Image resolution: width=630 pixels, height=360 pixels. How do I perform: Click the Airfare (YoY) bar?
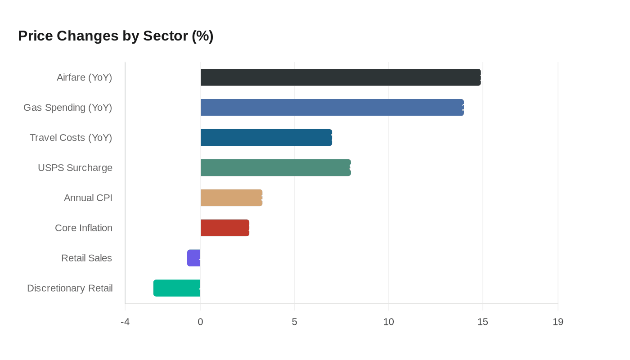pos(341,77)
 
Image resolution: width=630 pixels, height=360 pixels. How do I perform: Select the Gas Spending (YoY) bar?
pos(332,108)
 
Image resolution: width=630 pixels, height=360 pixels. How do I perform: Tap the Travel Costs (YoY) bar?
pos(266,138)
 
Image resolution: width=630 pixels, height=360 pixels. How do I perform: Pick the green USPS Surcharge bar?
pos(275,167)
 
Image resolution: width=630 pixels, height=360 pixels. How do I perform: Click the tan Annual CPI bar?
pos(231,198)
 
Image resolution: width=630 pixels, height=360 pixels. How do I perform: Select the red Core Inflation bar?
pos(225,228)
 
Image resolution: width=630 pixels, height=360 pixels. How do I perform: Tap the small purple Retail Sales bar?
pos(193,258)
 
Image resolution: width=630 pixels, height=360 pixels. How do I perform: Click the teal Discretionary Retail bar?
pos(177,288)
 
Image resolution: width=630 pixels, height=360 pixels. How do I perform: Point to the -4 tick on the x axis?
pos(125,322)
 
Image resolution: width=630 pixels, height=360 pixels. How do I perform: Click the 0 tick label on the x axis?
pos(200,322)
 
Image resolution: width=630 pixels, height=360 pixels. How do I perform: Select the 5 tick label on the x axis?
pos(294,322)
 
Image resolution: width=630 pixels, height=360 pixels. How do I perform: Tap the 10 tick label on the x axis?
pos(388,322)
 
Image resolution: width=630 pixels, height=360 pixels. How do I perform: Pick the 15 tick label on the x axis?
pos(482,322)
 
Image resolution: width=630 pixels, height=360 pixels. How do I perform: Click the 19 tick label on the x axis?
pos(558,322)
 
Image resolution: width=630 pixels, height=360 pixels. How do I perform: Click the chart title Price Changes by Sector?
pos(116,36)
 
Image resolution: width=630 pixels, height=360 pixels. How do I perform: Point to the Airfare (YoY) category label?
pos(84,77)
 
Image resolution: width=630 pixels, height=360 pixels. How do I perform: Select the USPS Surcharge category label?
pos(75,168)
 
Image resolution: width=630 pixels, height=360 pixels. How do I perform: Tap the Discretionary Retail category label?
pos(70,288)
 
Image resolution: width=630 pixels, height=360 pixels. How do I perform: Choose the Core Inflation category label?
pos(84,228)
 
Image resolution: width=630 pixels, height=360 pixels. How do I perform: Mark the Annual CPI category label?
pos(88,198)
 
